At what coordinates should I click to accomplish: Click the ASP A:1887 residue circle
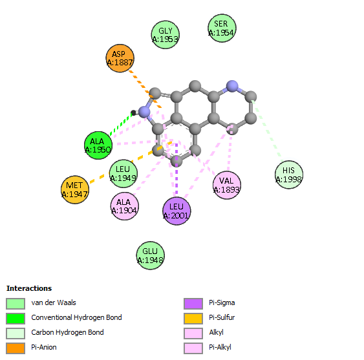(x=120, y=58)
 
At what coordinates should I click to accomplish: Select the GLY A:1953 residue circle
(x=166, y=35)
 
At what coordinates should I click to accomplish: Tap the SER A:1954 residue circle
(x=222, y=28)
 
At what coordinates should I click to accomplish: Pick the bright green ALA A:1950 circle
(x=98, y=145)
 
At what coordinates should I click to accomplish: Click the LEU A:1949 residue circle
(x=123, y=174)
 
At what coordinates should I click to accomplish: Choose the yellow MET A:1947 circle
(x=75, y=189)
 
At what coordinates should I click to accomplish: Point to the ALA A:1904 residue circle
(x=125, y=206)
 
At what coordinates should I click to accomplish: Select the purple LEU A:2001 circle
(x=177, y=211)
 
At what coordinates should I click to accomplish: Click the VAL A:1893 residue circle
(x=227, y=185)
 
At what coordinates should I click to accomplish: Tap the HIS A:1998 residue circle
(x=289, y=175)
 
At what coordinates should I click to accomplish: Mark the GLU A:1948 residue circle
(x=151, y=255)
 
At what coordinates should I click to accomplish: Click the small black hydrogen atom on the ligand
(x=133, y=113)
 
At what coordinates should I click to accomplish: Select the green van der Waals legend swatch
(x=16, y=304)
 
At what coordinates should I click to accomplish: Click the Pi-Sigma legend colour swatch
(x=193, y=304)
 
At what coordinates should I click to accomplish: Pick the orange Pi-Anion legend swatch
(x=16, y=348)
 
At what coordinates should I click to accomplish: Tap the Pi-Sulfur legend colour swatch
(x=193, y=319)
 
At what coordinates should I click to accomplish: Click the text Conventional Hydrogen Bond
(x=76, y=317)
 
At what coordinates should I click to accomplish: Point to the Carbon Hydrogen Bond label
(x=67, y=332)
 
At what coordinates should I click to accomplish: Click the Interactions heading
(x=29, y=288)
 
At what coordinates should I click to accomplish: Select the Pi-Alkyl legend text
(x=220, y=347)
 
